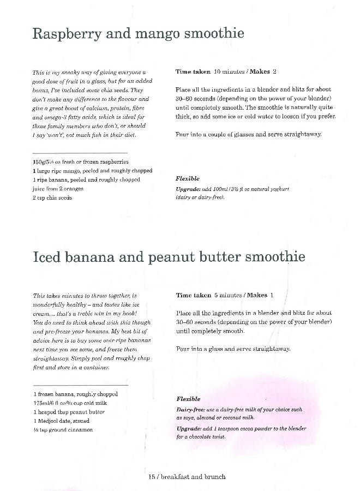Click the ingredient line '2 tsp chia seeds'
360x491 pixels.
[52, 197]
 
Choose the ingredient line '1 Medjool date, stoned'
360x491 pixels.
[61, 421]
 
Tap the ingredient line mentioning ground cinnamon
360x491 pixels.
[63, 429]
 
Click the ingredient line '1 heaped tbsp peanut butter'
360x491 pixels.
[69, 412]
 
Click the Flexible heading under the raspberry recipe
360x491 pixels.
[188, 178]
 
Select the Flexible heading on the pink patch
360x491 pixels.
[188, 399]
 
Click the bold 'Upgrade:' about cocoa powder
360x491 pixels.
[189, 429]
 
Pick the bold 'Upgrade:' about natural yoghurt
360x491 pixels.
[189, 189]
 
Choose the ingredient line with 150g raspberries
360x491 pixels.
[81, 162]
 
